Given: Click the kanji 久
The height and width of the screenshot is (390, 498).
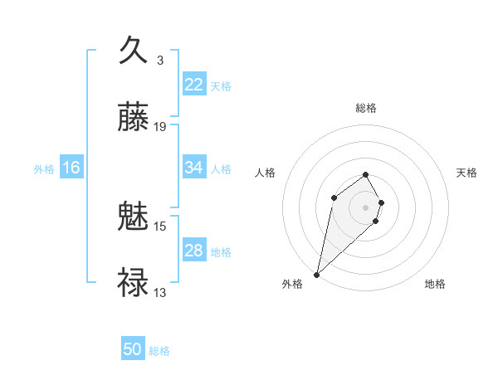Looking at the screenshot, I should tap(133, 50).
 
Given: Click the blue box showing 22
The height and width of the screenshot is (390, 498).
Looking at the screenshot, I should tap(194, 85).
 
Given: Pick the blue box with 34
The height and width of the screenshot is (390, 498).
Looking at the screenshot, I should tap(194, 168).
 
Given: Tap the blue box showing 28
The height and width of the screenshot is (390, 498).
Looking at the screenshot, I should tap(194, 251).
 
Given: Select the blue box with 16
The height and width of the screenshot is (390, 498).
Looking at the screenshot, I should tap(71, 168).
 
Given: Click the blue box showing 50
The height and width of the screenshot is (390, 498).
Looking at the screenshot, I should tap(133, 349).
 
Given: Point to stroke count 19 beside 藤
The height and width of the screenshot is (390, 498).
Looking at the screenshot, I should tap(160, 127).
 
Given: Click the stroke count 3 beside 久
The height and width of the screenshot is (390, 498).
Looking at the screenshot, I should tap(160, 60).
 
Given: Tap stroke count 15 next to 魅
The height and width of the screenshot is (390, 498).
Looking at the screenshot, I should tap(160, 226).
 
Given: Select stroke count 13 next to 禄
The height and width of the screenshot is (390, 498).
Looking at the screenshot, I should tap(160, 292).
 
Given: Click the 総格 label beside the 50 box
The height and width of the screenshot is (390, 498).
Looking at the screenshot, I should tap(159, 351).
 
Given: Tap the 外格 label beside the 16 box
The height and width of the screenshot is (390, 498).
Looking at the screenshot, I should tap(44, 168).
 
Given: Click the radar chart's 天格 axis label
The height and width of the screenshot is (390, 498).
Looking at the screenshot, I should tap(467, 173).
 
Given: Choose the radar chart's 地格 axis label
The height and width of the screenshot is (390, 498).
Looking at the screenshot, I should tap(435, 284).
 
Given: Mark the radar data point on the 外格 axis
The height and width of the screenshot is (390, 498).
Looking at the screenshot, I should tap(317, 274).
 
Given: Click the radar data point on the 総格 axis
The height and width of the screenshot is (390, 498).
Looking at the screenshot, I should tap(366, 174).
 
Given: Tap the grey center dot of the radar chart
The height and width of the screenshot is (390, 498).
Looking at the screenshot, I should tap(366, 207).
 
